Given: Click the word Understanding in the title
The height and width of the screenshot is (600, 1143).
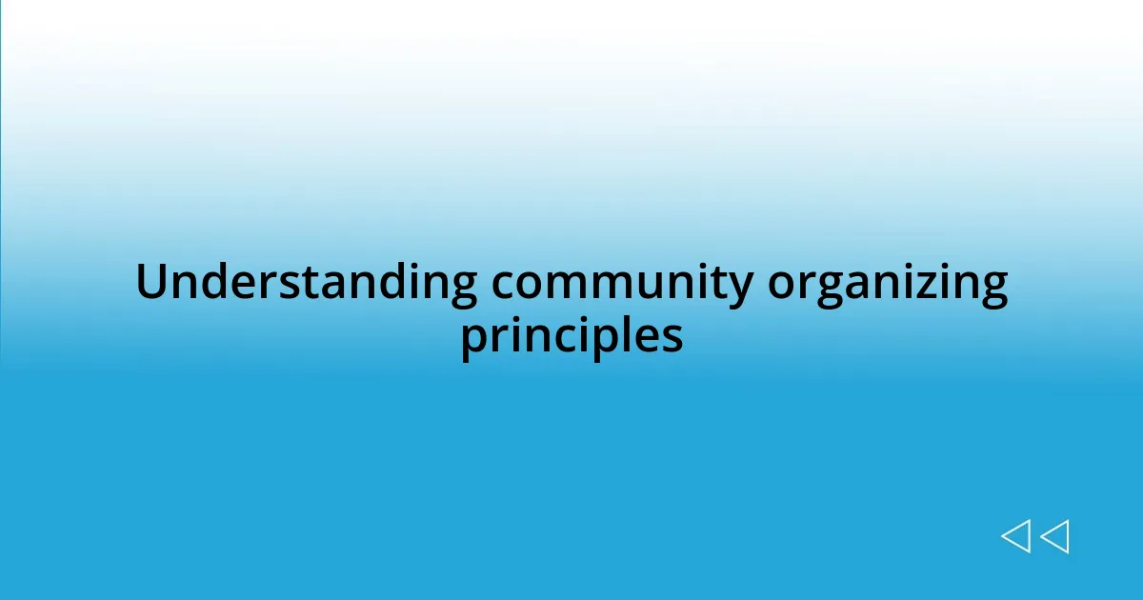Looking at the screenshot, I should (x=306, y=283).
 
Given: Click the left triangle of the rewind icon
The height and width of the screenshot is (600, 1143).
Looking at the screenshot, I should (x=1015, y=536).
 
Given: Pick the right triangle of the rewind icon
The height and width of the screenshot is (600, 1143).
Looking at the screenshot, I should (x=1054, y=536).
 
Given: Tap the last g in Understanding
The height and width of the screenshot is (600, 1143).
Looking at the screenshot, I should (x=462, y=289).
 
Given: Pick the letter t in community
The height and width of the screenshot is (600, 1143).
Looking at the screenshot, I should (x=718, y=283).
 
